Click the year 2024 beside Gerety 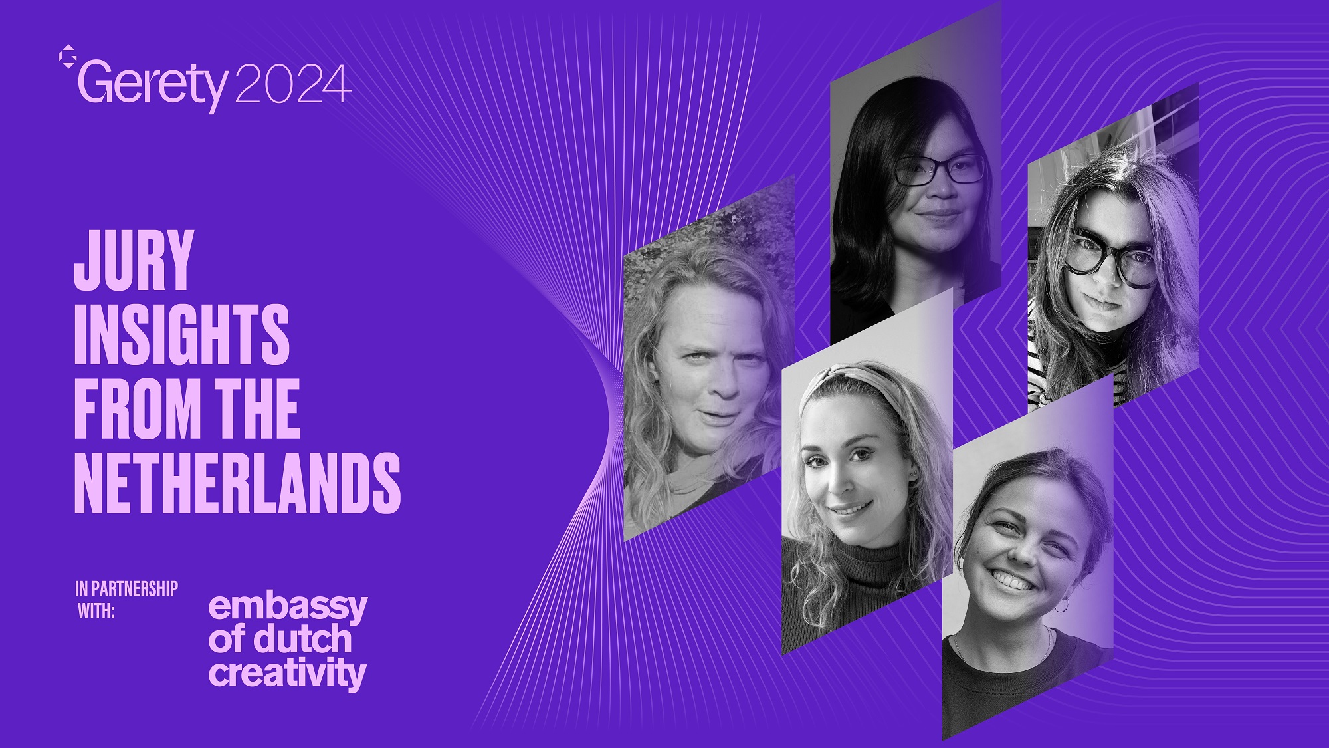pyautogui.click(x=292, y=84)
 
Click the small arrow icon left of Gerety pyautogui.click(x=68, y=57)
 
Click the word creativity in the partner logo pyautogui.click(x=287, y=674)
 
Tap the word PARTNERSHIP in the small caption pyautogui.click(x=135, y=589)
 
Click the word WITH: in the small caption pyautogui.click(x=96, y=611)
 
